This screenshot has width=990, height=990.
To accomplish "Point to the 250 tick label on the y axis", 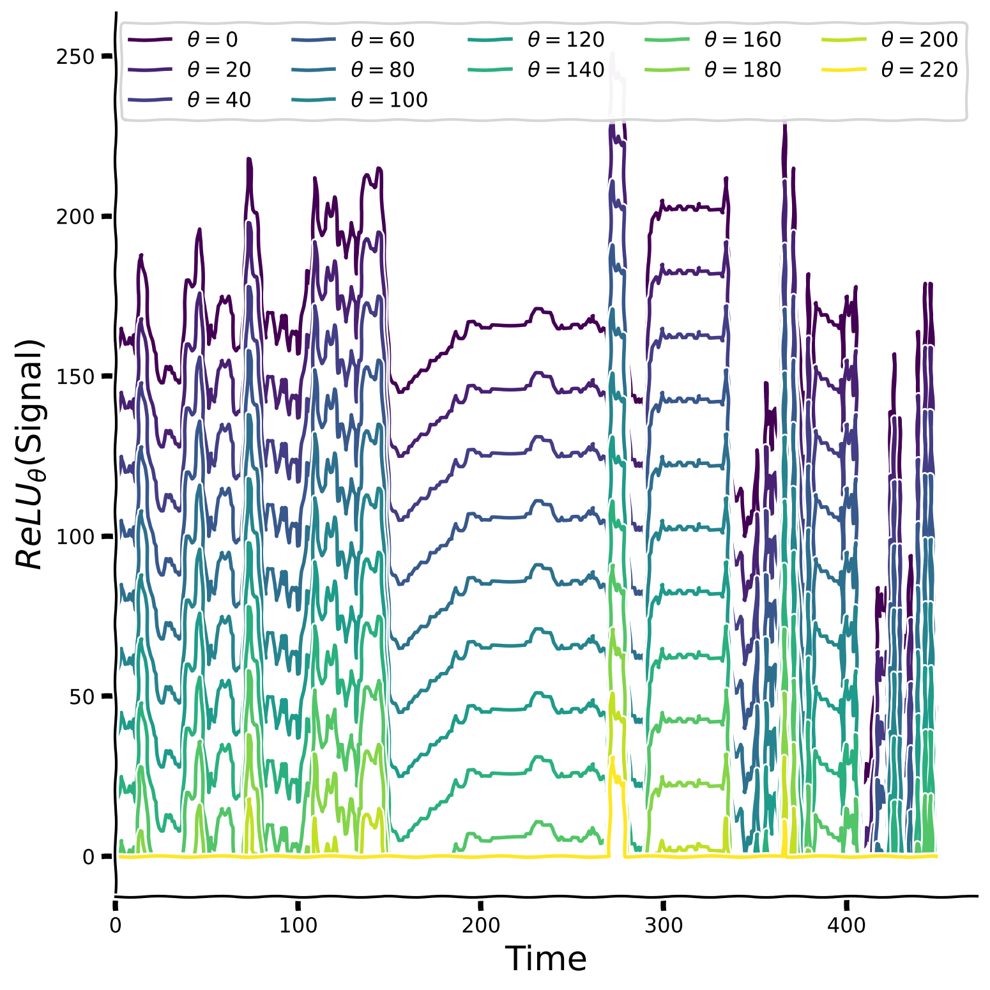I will [75, 56].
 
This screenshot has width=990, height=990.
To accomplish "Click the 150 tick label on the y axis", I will [75, 376].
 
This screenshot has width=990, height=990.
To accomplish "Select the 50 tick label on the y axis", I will [82, 696].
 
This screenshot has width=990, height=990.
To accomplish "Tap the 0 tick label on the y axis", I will [89, 857].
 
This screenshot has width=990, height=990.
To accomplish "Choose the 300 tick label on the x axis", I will [664, 925].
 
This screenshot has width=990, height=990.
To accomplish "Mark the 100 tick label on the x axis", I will [298, 925].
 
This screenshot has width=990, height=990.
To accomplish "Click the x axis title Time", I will [546, 959].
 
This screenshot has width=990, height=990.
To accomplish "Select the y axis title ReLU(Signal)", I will [30, 453].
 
